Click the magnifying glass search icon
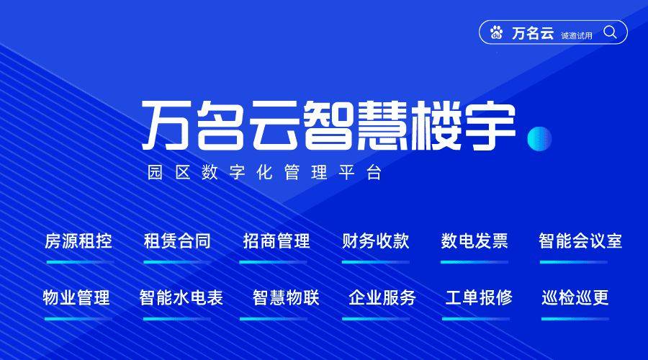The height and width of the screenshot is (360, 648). pos(610,32)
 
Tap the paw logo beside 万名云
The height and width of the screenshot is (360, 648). pos(497,32)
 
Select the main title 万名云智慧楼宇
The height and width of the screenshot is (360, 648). pos(328,125)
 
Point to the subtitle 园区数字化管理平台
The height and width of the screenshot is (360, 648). pos(264,174)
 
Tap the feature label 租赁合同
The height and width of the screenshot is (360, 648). pos(177,241)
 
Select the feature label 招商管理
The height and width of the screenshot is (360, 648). pos(276,241)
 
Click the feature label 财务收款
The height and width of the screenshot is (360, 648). pos(375,241)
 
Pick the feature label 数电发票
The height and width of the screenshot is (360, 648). pos(474,241)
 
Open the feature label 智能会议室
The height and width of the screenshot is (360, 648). pos(580,241)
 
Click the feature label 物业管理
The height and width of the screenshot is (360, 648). pos(76,297)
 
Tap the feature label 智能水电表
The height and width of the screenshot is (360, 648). pos(181,297)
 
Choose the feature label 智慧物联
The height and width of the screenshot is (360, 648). pos(286,297)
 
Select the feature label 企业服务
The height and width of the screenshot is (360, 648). pos(382,297)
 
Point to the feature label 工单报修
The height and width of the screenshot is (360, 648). pos(479,297)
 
